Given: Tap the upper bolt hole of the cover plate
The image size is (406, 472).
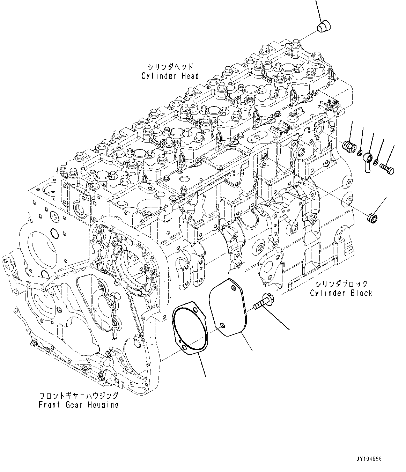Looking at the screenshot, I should coord(232,287).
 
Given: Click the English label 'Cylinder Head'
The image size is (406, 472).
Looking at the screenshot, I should coord(170,76).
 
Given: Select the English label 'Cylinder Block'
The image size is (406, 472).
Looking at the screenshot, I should coord(341,293).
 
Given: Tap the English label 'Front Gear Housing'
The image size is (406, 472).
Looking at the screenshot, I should coord(79,405).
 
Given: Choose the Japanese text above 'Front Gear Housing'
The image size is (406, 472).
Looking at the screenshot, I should coord(79,396).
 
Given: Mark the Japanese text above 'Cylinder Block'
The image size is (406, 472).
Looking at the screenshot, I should coord(341,283).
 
